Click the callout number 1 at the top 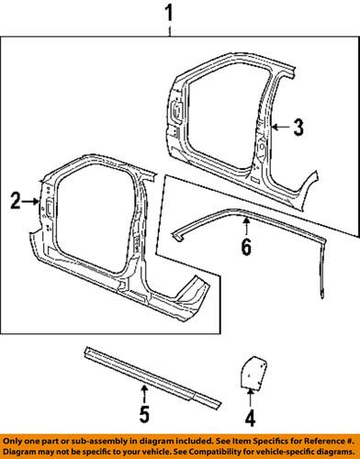point(168,14)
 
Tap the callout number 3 point(298,129)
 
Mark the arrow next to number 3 point(280,129)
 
